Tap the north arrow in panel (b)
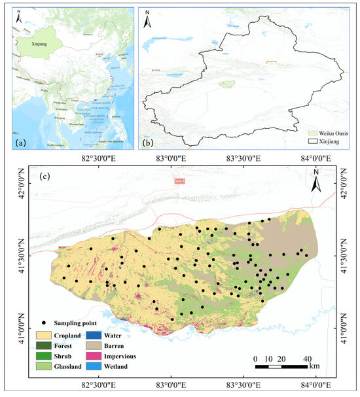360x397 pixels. [x=149, y=20]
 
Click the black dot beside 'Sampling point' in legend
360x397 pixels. [x=43, y=323]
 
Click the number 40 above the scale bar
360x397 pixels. [x=306, y=358]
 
